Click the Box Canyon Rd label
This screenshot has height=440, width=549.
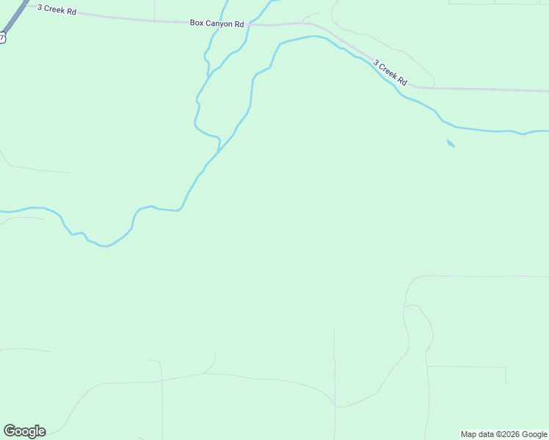[217, 23]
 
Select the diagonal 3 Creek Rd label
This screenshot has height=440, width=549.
[390, 73]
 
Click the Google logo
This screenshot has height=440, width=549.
[24, 431]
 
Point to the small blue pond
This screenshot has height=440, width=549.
[451, 143]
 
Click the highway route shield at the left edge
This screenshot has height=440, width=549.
[2, 37]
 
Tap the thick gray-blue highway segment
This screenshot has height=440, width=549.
[20, 12]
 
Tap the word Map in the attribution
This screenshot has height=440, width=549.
[468, 434]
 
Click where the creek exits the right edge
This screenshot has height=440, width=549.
[547, 131]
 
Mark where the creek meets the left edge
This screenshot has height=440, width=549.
[1, 212]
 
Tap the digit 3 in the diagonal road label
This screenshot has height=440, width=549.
[376, 63]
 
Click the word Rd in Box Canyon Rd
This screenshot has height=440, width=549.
[239, 23]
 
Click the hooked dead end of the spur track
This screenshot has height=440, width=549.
[506, 381]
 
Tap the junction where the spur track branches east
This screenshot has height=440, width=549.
[427, 366]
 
